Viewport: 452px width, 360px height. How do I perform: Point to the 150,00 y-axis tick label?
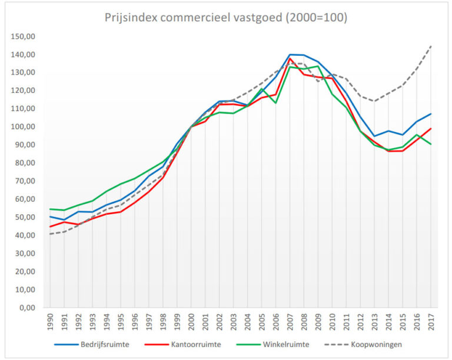click(23, 36)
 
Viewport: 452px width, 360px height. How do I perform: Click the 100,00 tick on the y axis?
click(23, 127)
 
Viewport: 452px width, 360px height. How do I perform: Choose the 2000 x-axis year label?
click(191, 322)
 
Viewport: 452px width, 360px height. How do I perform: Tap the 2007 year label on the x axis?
click(290, 322)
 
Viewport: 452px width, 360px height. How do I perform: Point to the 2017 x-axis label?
click(430, 322)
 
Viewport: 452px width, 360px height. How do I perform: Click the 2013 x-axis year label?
click(374, 322)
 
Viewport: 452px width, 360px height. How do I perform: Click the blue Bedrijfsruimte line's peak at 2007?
click(290, 55)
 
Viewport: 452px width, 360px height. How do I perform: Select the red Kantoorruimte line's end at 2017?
click(430, 129)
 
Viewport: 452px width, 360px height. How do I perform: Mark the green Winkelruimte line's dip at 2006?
click(275, 103)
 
